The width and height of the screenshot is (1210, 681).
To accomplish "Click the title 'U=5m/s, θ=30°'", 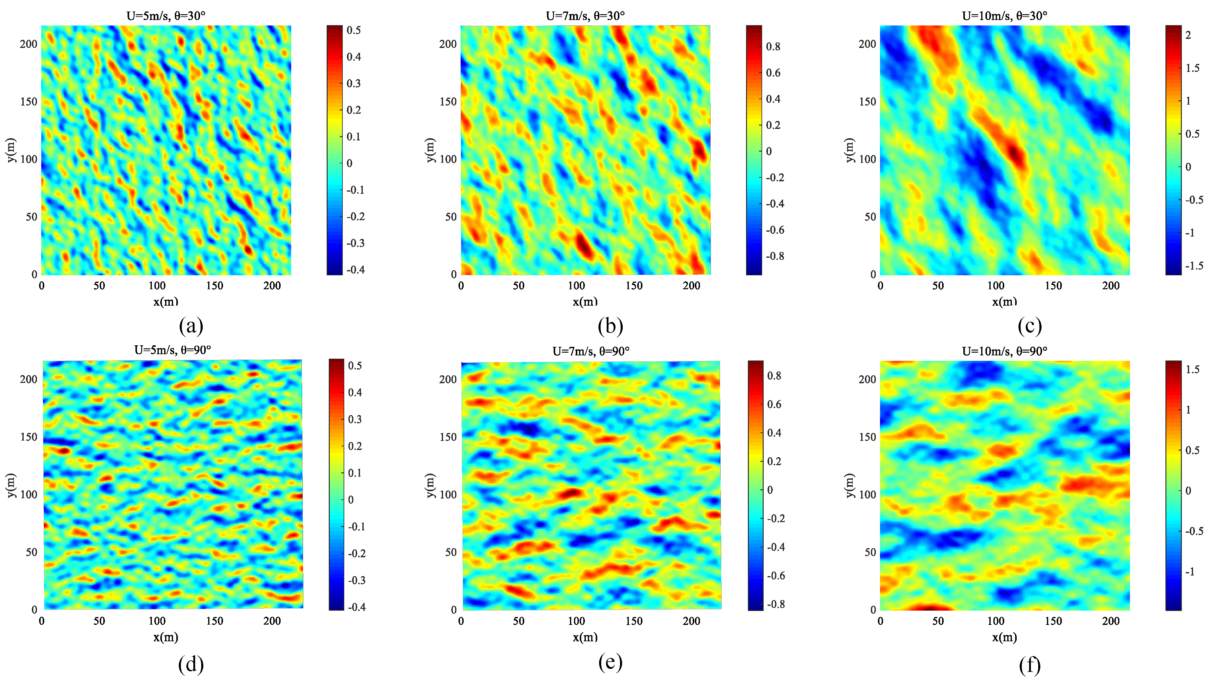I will point(166,16).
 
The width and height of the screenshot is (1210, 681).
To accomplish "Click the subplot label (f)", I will point(1030,665).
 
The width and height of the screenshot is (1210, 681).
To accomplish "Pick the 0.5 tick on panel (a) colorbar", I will point(353,30).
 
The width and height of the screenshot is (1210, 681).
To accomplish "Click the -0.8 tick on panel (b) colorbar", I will point(775,256).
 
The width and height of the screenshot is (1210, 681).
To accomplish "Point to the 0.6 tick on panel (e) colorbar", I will point(774,404).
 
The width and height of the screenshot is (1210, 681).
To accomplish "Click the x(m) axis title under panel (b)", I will point(585,301).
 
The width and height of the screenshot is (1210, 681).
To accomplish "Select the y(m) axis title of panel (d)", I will point(11,485).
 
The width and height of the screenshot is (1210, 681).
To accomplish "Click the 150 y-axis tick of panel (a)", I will point(28,102).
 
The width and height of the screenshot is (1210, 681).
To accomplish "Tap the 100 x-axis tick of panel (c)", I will point(995,286).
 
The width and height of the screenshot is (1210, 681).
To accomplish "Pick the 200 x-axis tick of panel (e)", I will point(691,621).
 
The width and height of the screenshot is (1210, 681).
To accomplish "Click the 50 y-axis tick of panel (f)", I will point(870,552).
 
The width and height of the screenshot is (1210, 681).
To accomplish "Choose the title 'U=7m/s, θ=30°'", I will point(585,16).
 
